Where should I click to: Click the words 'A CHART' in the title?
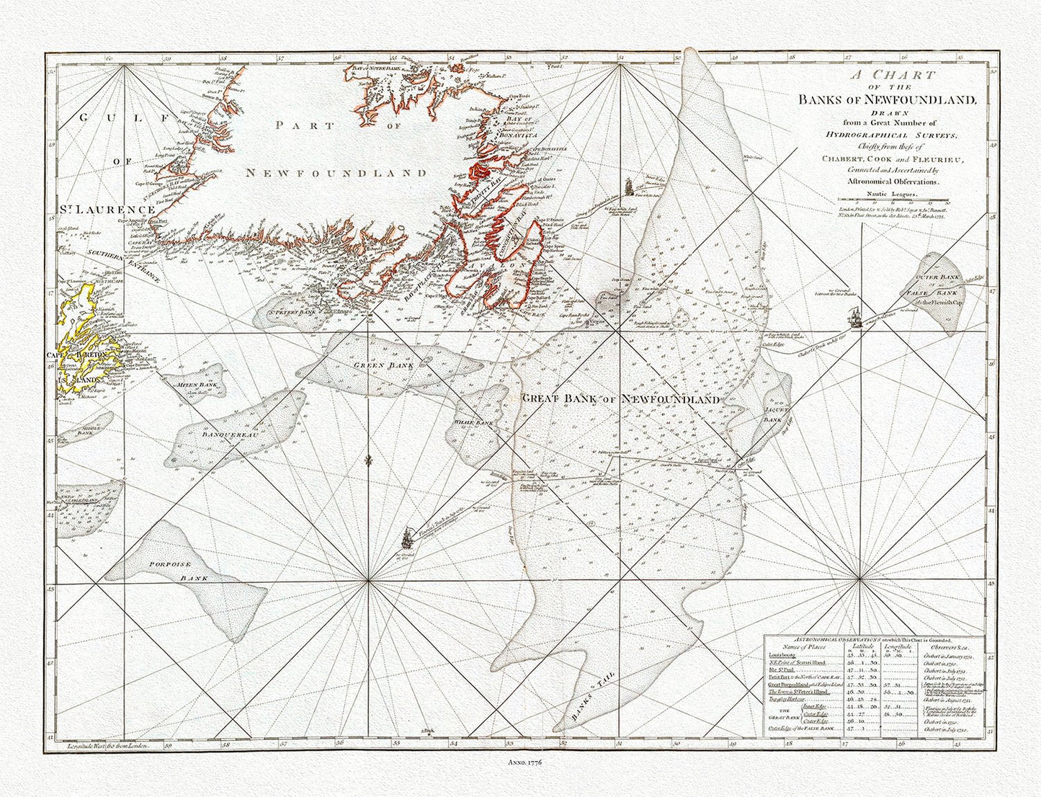click(x=890, y=75)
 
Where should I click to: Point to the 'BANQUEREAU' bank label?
click(x=226, y=435)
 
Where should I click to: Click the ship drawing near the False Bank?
click(x=855, y=316)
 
